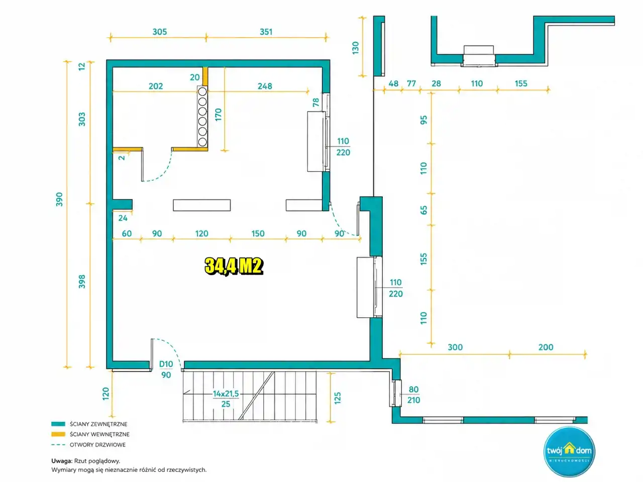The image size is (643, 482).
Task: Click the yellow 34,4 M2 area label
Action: coord(234,266)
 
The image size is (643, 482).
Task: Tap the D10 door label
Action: coord(166,364)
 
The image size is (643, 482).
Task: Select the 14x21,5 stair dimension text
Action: coord(226,394)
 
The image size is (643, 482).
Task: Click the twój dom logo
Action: coord(569,451)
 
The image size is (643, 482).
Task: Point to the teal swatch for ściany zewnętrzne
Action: coord(58,424)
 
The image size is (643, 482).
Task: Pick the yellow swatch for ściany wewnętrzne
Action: coord(58,434)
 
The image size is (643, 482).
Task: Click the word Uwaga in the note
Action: coord(61,461)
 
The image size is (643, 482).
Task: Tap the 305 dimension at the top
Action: coord(160,32)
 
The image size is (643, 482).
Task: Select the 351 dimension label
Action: coord(266,32)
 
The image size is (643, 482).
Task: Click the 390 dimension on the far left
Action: coord(59,199)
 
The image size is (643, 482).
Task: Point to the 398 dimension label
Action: coord(82,281)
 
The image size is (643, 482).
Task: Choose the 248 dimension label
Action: coord(265,86)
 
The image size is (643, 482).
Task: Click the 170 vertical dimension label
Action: coord(218,114)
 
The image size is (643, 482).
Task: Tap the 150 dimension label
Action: coord(258,233)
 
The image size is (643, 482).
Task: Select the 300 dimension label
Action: coord(455,347)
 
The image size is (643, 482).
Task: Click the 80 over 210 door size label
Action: coord(413,395)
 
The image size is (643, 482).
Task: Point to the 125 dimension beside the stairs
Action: coord(338,398)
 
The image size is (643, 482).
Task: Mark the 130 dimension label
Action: coord(355,48)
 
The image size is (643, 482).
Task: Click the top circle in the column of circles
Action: coord(202,91)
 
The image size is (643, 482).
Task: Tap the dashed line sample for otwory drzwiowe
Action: coord(58,445)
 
